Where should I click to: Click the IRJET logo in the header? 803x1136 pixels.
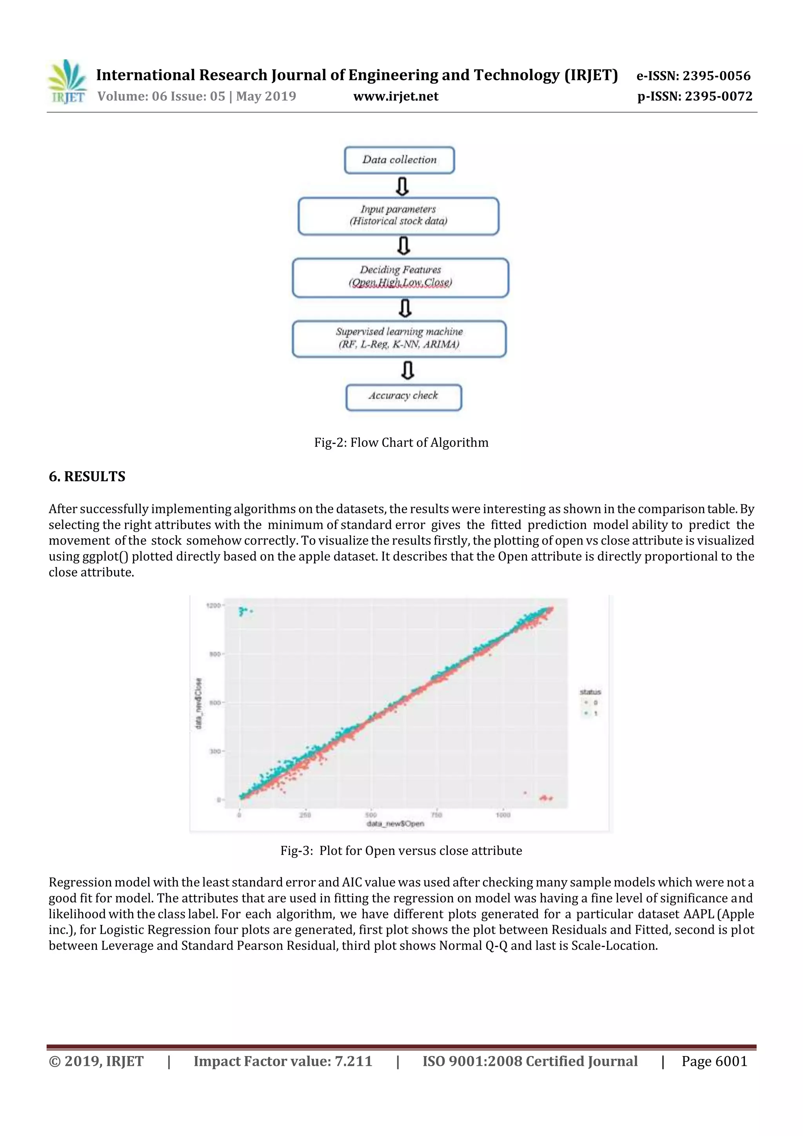click(67, 82)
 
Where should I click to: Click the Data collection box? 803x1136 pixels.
click(399, 160)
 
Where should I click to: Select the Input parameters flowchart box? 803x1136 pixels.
click(398, 216)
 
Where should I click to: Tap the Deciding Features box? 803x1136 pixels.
click(400, 277)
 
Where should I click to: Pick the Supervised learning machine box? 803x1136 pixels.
click(399, 338)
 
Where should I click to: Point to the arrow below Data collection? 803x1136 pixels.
click(403, 186)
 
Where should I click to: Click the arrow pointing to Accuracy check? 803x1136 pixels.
click(407, 370)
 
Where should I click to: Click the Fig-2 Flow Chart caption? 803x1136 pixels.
click(401, 443)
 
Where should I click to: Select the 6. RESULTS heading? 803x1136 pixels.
click(87, 476)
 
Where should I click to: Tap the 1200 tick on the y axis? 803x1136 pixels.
click(213, 605)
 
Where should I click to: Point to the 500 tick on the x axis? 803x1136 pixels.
click(371, 815)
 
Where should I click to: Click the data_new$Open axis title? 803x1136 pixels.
click(395, 824)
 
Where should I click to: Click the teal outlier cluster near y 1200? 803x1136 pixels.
click(244, 612)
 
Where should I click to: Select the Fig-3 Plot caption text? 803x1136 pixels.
click(401, 851)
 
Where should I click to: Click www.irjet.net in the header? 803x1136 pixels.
click(396, 96)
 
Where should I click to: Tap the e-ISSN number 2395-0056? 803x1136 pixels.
click(716, 76)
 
